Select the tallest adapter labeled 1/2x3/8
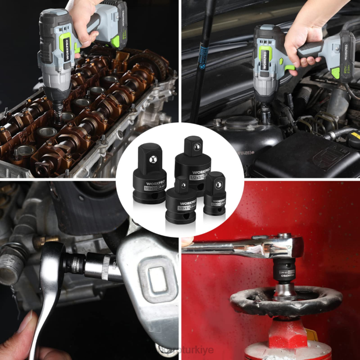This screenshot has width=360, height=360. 193,163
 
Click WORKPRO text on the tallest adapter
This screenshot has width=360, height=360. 200,171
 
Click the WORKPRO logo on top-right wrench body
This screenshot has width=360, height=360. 264,61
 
